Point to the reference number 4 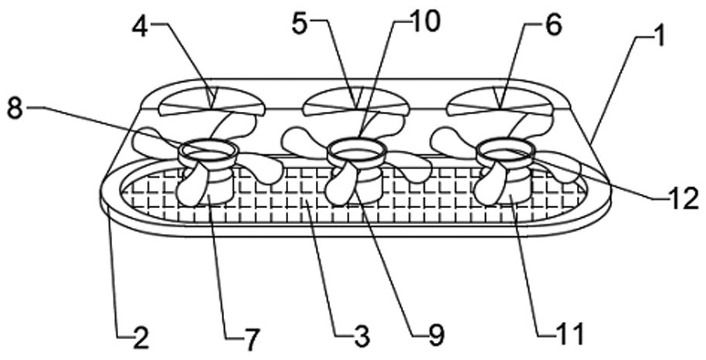click(x=139, y=27)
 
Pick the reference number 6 click(x=553, y=27)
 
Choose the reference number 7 click(x=250, y=338)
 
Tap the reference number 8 click(x=15, y=108)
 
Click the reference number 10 click(x=424, y=22)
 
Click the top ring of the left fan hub click(x=207, y=149)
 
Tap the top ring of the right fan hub click(x=504, y=149)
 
